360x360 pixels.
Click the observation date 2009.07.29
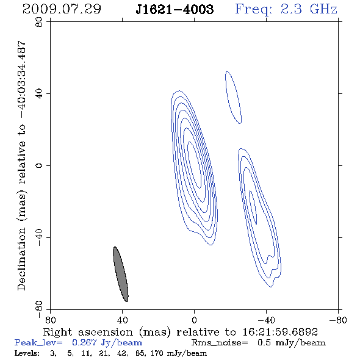[62, 9]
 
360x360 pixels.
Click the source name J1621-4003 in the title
[175, 9]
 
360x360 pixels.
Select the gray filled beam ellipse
[121, 274]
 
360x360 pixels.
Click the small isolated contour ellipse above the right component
[233, 97]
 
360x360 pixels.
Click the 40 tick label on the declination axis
[39, 94]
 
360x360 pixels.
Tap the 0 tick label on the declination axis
[39, 165]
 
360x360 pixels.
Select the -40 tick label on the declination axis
[39, 237]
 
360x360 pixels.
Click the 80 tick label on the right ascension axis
[50, 320]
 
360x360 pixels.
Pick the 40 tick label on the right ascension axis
[122, 320]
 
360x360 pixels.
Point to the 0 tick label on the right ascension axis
[194, 320]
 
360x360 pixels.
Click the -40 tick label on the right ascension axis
[266, 320]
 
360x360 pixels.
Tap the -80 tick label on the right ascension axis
[338, 320]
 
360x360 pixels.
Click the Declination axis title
[21, 165]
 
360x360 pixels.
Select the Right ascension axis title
[180, 332]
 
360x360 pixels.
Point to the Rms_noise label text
[220, 343]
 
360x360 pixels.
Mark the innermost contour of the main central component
[195, 164]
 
